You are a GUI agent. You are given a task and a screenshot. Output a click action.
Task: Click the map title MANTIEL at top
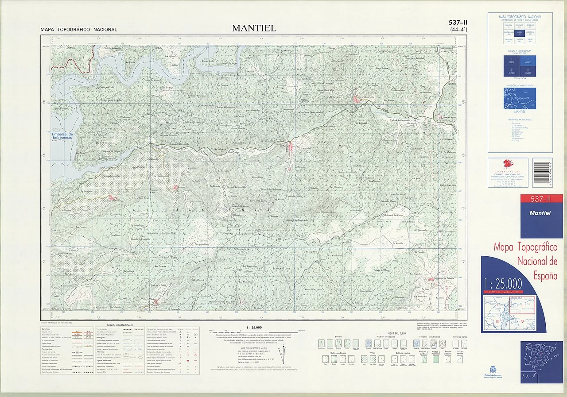pos(254,28)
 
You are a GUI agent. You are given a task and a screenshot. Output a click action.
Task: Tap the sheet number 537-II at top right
pos(458,23)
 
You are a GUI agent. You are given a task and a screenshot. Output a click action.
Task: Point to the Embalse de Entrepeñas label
pos(62,136)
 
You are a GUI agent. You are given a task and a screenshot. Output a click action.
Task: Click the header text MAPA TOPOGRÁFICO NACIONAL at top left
pos(78,30)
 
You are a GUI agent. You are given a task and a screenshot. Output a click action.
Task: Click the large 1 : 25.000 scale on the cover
pos(503,284)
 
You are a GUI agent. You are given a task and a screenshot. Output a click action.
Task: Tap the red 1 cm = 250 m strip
pos(503,291)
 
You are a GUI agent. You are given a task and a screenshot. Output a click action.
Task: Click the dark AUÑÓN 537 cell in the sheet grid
pos(520,32)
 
